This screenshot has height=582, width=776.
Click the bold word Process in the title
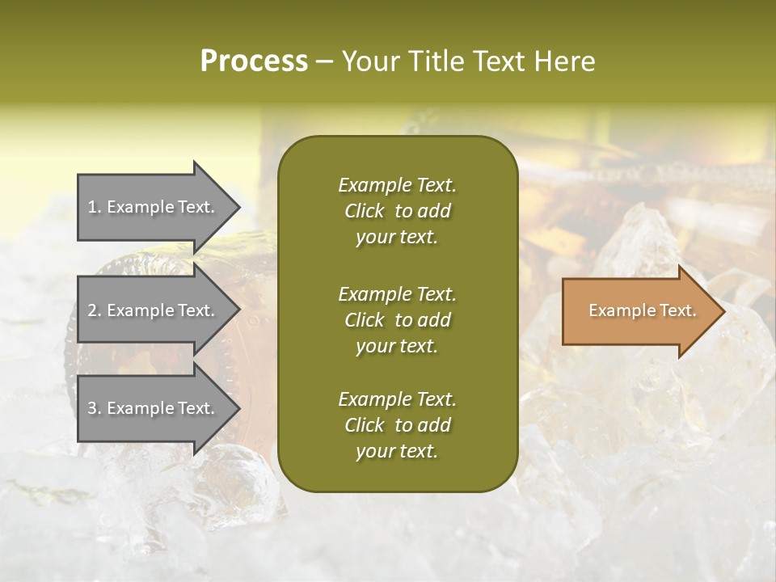coord(254,61)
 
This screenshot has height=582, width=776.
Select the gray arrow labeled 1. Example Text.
coord(154,207)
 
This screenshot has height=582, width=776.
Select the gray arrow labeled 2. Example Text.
coord(154,310)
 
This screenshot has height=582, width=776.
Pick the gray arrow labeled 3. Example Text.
coord(154,408)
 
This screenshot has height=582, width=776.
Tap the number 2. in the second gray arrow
coord(95,310)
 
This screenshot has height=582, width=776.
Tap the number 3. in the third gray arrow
coord(95,408)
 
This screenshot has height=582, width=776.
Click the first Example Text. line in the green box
coord(397,185)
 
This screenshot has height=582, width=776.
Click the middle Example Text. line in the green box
coord(397,294)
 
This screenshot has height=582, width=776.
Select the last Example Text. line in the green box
coord(397,399)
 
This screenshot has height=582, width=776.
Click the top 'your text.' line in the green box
coord(397,237)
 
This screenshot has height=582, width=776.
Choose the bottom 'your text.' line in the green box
coord(397,451)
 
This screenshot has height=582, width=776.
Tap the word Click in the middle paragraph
coord(365,320)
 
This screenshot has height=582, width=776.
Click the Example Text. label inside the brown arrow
coord(642,310)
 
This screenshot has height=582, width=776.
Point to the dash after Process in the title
coord(324,61)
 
